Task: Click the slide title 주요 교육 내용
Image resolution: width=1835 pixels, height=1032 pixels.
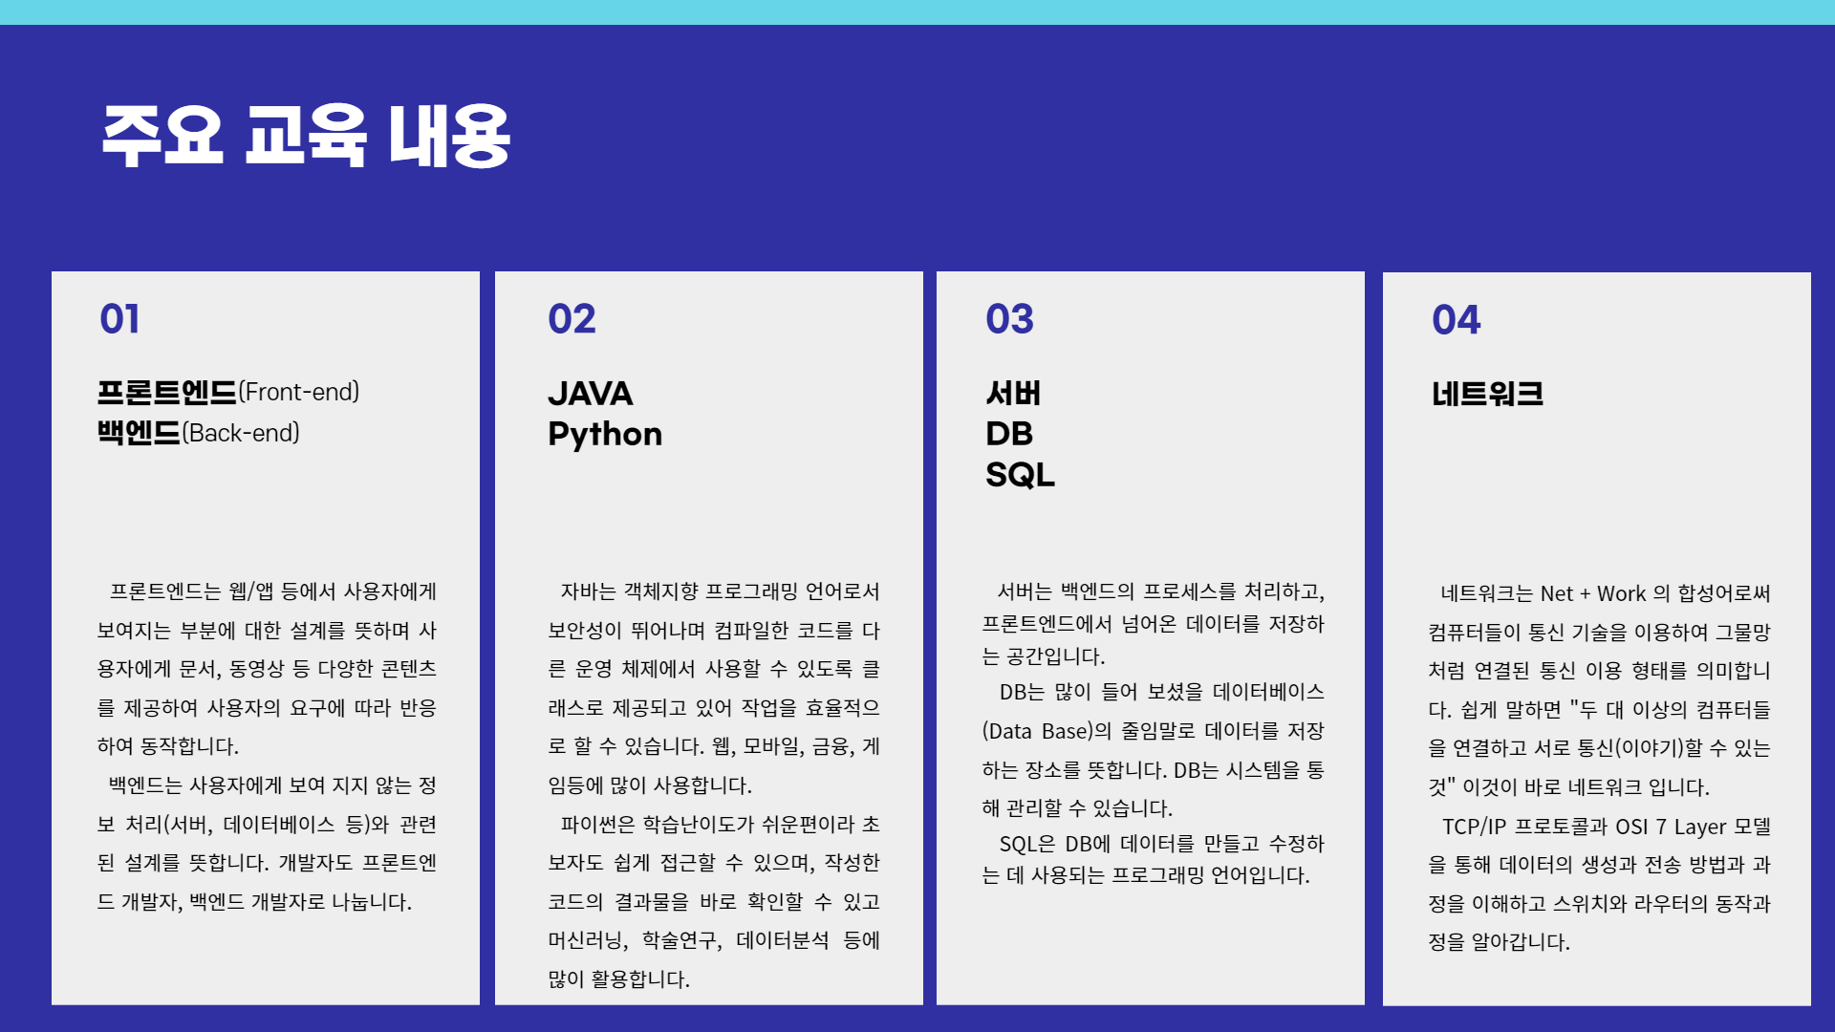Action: [x=306, y=136]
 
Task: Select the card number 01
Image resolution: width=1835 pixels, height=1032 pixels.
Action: [x=120, y=319]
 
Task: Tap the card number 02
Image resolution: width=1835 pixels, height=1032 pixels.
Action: [x=572, y=319]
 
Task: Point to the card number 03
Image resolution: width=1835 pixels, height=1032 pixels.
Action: [x=1009, y=319]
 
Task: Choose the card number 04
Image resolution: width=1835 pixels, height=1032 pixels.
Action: [x=1456, y=320]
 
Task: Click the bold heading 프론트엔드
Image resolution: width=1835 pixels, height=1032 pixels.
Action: [x=166, y=392]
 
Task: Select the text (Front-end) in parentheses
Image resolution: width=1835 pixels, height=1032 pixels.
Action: [x=299, y=392]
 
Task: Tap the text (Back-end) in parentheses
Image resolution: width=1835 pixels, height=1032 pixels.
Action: [x=241, y=433]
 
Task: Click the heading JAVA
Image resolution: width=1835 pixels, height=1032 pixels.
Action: [x=591, y=394]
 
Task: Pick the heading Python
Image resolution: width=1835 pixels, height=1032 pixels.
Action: [x=605, y=435]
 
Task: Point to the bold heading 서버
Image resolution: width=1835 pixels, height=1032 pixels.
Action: [x=1013, y=394]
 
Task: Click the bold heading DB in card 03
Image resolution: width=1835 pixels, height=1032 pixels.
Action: [x=1009, y=434]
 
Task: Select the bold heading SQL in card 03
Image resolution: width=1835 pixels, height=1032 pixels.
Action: [x=1020, y=475]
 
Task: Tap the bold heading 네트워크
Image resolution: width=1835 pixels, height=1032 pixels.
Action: [x=1487, y=394]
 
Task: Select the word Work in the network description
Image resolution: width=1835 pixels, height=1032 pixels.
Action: [x=1622, y=593]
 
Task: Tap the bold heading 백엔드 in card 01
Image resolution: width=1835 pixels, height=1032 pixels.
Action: [x=139, y=433]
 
